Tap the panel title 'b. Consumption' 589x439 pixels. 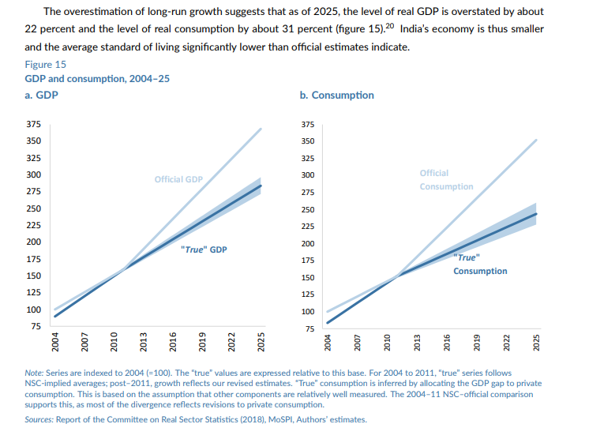(x=336, y=95)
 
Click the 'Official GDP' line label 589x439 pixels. (x=178, y=179)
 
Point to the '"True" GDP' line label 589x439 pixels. (x=204, y=249)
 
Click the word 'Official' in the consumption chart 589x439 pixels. (x=433, y=173)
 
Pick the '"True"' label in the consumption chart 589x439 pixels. (x=466, y=257)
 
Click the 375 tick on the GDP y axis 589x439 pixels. (x=34, y=124)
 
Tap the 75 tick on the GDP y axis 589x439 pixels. (x=36, y=325)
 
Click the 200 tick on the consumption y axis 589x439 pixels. (x=308, y=243)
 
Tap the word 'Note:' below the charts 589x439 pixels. (x=36, y=372)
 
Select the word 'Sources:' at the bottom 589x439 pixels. (x=42, y=419)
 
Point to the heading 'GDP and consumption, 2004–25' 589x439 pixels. (x=97, y=79)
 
